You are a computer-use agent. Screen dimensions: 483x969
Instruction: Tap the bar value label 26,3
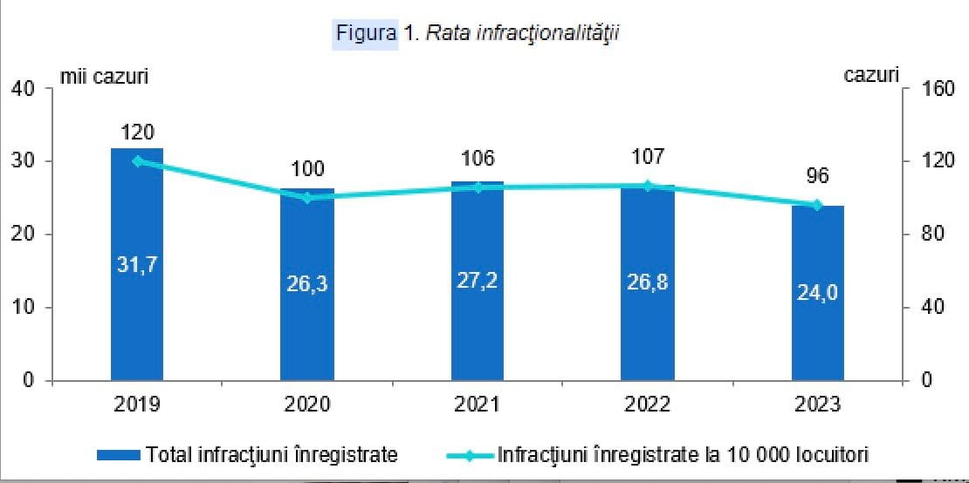coord(307,284)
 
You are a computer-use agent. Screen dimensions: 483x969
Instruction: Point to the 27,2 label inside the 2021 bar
coord(478,281)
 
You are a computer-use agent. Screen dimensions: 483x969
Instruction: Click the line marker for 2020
coord(307,198)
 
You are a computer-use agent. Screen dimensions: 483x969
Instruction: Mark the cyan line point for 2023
coord(817,205)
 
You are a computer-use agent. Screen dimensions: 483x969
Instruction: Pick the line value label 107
coord(648,157)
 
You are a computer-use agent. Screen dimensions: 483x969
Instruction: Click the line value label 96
coord(817,176)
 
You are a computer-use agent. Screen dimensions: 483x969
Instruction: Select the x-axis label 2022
coord(648,405)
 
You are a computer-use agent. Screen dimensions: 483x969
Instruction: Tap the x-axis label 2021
coord(478,405)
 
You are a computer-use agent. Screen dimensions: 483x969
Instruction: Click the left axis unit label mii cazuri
coord(103,76)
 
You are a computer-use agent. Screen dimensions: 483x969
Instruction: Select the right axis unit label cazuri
coord(871,75)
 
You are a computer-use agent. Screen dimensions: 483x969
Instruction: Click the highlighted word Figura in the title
coord(367,33)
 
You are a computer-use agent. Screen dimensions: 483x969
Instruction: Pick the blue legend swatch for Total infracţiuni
coord(119,455)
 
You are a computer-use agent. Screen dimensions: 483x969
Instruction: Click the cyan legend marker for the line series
coord(469,455)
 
